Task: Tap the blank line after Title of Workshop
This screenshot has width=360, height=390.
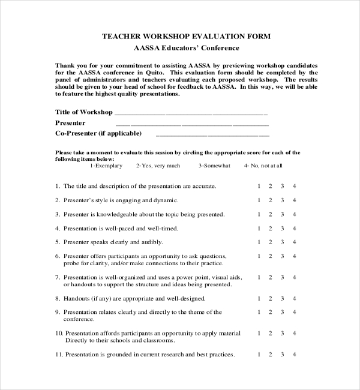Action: [191, 113]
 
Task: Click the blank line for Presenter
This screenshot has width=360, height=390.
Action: [191, 124]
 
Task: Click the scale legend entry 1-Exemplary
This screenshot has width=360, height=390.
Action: [106, 166]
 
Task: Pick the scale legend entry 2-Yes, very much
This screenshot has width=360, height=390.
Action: [158, 166]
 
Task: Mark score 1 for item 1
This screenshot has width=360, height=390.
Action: [259, 186]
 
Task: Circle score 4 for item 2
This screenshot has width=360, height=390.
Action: [294, 200]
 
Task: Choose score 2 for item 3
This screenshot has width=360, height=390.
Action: [271, 214]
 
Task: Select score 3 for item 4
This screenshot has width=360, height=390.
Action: [283, 229]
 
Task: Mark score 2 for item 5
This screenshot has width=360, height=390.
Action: [271, 242]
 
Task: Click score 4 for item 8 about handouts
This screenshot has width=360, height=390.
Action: [294, 298]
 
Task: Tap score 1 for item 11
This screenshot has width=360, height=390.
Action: [259, 355]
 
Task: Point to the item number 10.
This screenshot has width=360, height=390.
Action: [58, 333]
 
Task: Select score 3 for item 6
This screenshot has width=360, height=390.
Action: [283, 256]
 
